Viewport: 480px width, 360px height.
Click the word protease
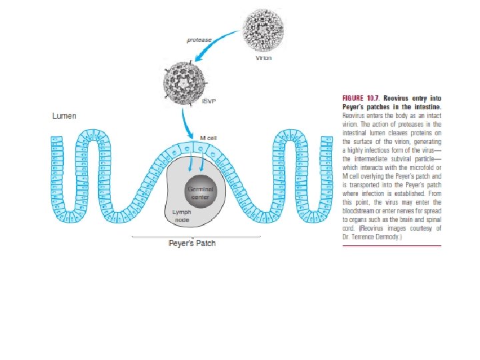199,40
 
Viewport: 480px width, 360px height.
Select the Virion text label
264,58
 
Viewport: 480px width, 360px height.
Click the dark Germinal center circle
200,193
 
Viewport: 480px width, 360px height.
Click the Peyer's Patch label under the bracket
192,243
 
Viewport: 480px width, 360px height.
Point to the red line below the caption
391,247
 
